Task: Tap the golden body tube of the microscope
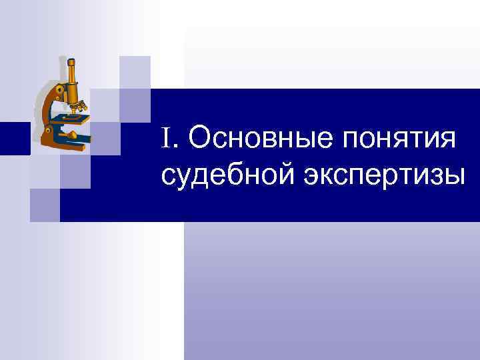click(x=71, y=83)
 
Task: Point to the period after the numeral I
click(x=177, y=147)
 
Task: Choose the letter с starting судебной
click(x=169, y=177)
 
